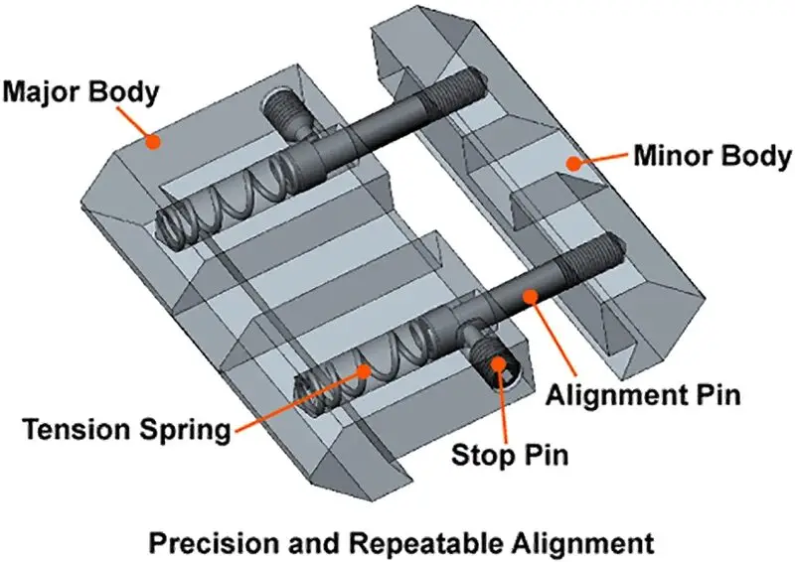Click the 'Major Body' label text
click(81, 92)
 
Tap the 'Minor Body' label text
click(713, 156)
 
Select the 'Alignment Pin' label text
click(643, 395)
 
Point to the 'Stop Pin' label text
click(510, 455)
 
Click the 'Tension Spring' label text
click(127, 430)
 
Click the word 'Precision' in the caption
click(214, 543)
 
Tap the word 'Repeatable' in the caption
click(426, 543)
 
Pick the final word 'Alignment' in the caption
click(582, 544)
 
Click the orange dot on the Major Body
click(152, 142)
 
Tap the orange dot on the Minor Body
click(573, 163)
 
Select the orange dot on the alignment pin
click(530, 296)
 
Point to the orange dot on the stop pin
click(499, 363)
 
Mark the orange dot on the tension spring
click(364, 371)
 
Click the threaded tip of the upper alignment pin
click(455, 88)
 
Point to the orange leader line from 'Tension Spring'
click(299, 400)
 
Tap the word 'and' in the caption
click(315, 543)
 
